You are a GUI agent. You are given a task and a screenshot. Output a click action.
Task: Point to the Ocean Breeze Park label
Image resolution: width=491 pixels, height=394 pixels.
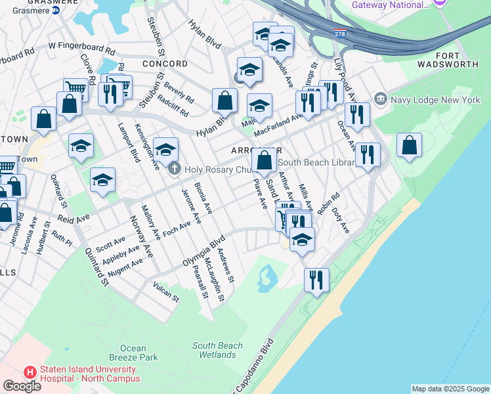(139, 353)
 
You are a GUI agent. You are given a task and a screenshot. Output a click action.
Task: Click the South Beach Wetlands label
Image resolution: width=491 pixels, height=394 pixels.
(217, 350)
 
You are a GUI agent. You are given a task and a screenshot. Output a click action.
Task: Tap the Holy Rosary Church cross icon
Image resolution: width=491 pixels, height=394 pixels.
(175, 169)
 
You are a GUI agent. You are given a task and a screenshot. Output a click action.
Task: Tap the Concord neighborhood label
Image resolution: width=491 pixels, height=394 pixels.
(165, 64)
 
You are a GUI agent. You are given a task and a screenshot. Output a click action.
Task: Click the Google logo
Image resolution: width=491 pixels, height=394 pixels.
(22, 385)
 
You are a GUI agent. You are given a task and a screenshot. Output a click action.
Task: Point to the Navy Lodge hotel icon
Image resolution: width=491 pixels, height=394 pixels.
(381, 100)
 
